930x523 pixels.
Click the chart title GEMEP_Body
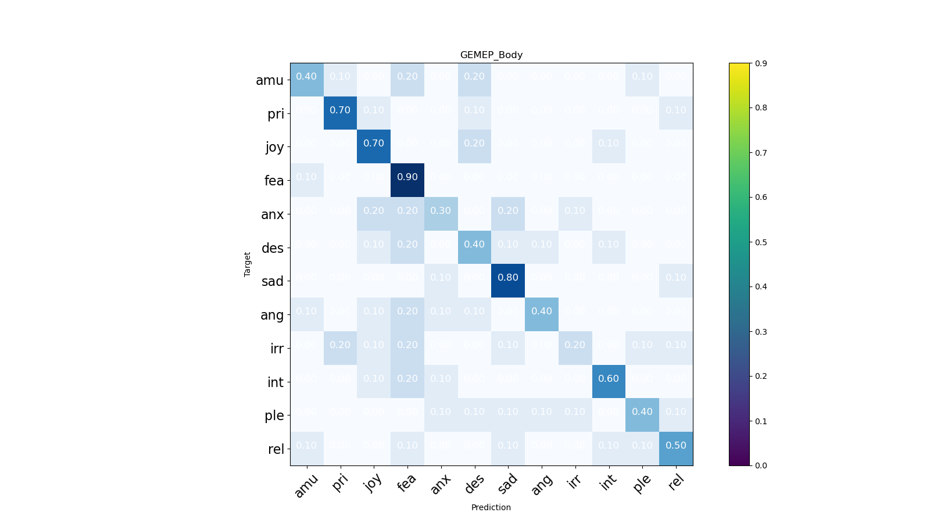click(x=491, y=55)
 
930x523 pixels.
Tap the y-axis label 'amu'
click(x=270, y=80)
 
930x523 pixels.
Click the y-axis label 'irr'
click(x=277, y=349)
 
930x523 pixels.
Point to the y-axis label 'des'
click(x=273, y=248)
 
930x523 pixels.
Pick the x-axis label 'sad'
click(x=507, y=483)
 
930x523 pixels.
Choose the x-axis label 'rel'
click(x=675, y=482)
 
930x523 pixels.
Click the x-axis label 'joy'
click(x=373, y=482)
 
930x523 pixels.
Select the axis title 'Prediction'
click(x=491, y=507)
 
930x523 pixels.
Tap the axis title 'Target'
click(x=248, y=264)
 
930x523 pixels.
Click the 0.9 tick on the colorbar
click(x=760, y=63)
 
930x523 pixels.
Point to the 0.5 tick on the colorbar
click(x=760, y=242)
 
